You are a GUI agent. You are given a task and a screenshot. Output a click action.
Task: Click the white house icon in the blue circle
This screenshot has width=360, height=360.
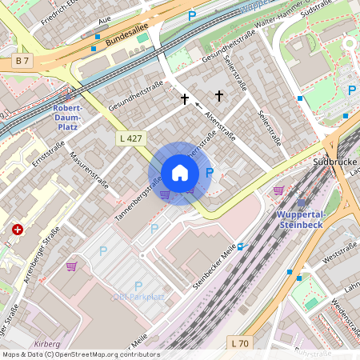pos(180,173)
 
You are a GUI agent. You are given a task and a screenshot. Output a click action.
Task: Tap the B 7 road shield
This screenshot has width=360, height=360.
pos(23,61)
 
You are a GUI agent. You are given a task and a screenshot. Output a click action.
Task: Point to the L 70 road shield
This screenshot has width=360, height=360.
pos(239,342)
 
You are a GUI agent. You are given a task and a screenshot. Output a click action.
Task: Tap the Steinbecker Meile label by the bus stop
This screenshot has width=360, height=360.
pos(213,269)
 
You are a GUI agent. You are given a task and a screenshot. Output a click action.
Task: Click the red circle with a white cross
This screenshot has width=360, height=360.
pos(18,229)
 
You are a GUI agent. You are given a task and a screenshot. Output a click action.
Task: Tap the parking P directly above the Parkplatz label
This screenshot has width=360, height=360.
pos(138,286)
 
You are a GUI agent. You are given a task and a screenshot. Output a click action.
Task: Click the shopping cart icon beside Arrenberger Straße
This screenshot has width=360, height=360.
pos(71,266)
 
